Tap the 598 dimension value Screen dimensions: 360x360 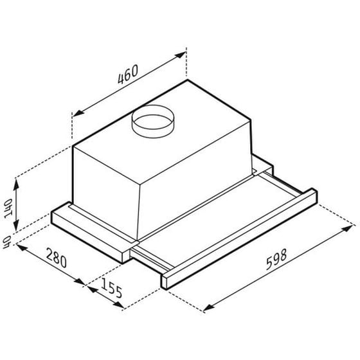click(276, 258)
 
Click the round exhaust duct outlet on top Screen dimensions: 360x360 click(155, 120)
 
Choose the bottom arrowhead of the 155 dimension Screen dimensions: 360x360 click(138, 307)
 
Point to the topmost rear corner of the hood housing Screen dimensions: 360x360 click(186, 80)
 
